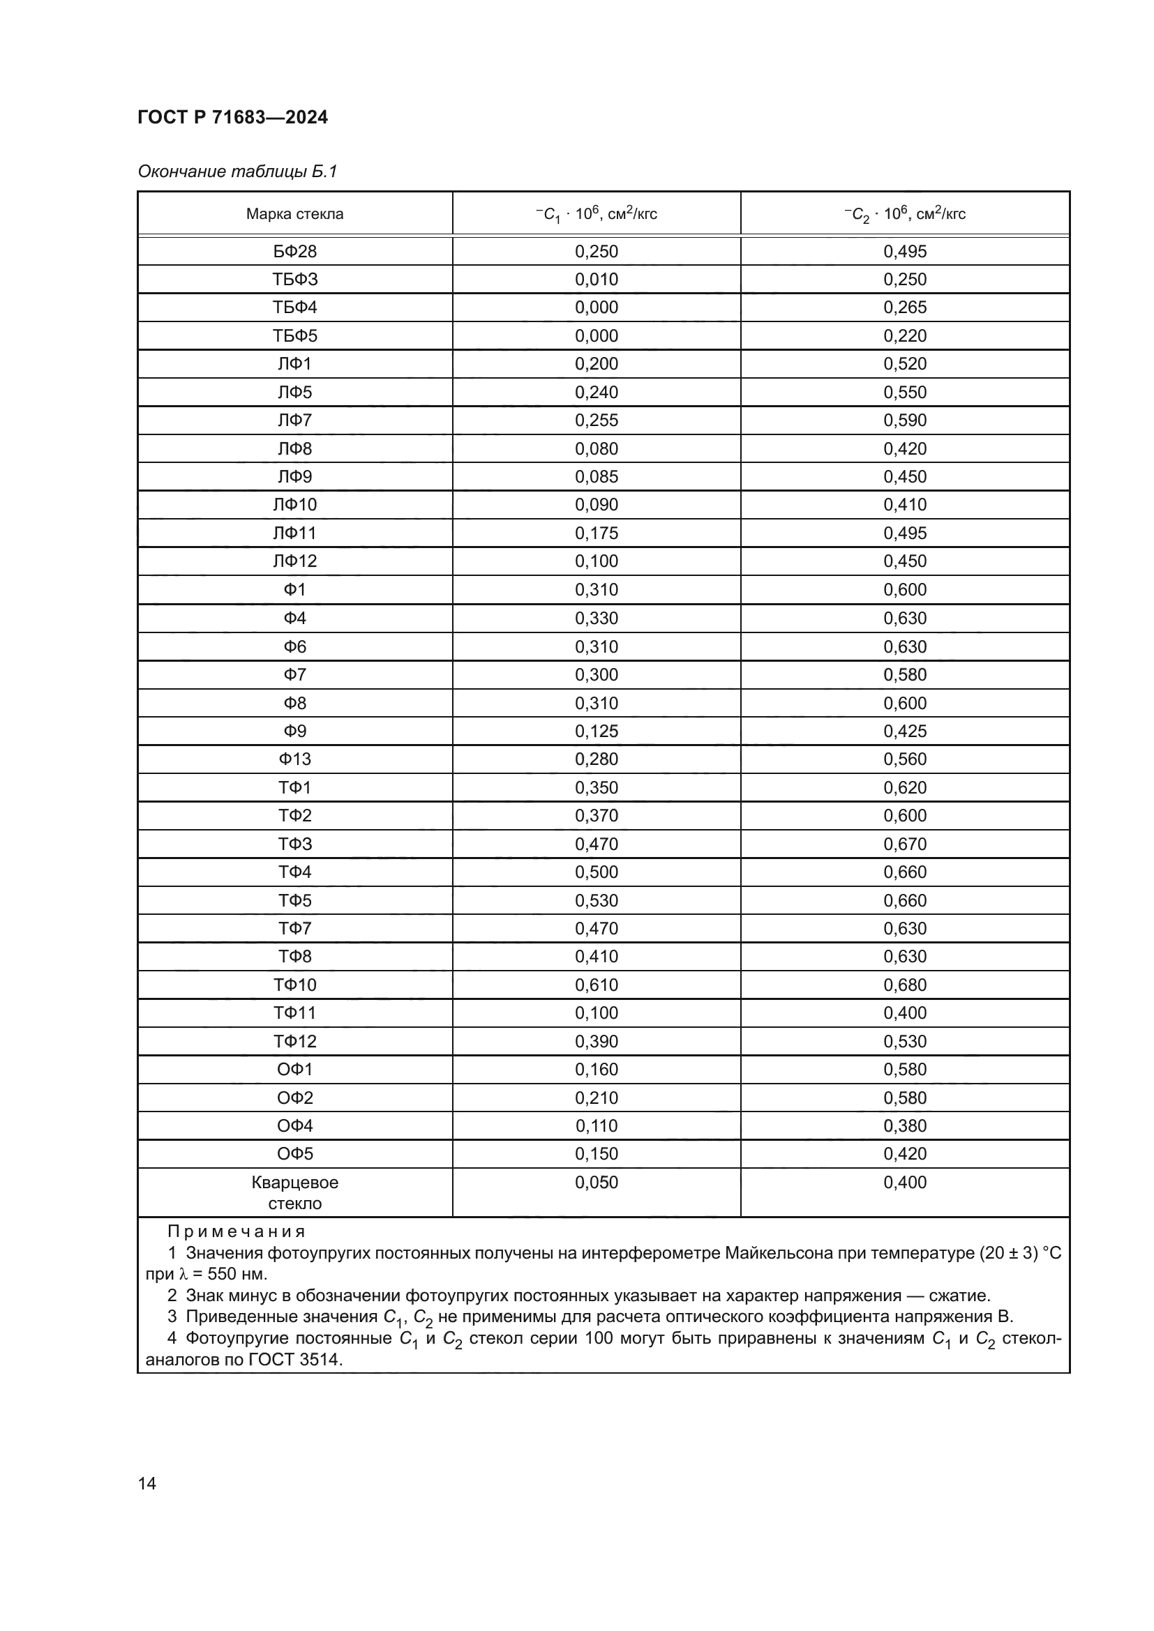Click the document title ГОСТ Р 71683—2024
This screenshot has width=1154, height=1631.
(232, 117)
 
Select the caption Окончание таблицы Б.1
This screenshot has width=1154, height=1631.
(237, 172)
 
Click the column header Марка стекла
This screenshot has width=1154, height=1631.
(294, 214)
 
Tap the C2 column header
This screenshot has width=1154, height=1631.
(905, 214)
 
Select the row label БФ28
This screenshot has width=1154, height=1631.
(294, 252)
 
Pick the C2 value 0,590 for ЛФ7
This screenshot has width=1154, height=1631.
(905, 420)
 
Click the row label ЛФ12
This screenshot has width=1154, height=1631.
(294, 561)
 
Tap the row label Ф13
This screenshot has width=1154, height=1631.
(294, 759)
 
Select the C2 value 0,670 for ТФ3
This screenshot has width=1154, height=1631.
(905, 844)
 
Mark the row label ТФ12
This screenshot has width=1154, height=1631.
(294, 1041)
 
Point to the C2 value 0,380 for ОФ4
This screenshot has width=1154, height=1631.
(905, 1126)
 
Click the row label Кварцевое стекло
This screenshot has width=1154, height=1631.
(294, 1192)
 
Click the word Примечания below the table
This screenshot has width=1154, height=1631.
(237, 1231)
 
